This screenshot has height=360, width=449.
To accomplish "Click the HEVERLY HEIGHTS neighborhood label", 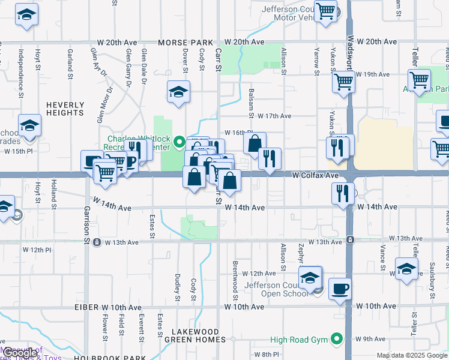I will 65,108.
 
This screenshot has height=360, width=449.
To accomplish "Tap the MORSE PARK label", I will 185,42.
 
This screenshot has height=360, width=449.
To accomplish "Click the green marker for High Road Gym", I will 336,340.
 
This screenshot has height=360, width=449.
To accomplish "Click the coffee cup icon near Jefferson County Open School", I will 340,289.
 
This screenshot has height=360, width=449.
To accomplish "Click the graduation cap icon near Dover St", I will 178,92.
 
